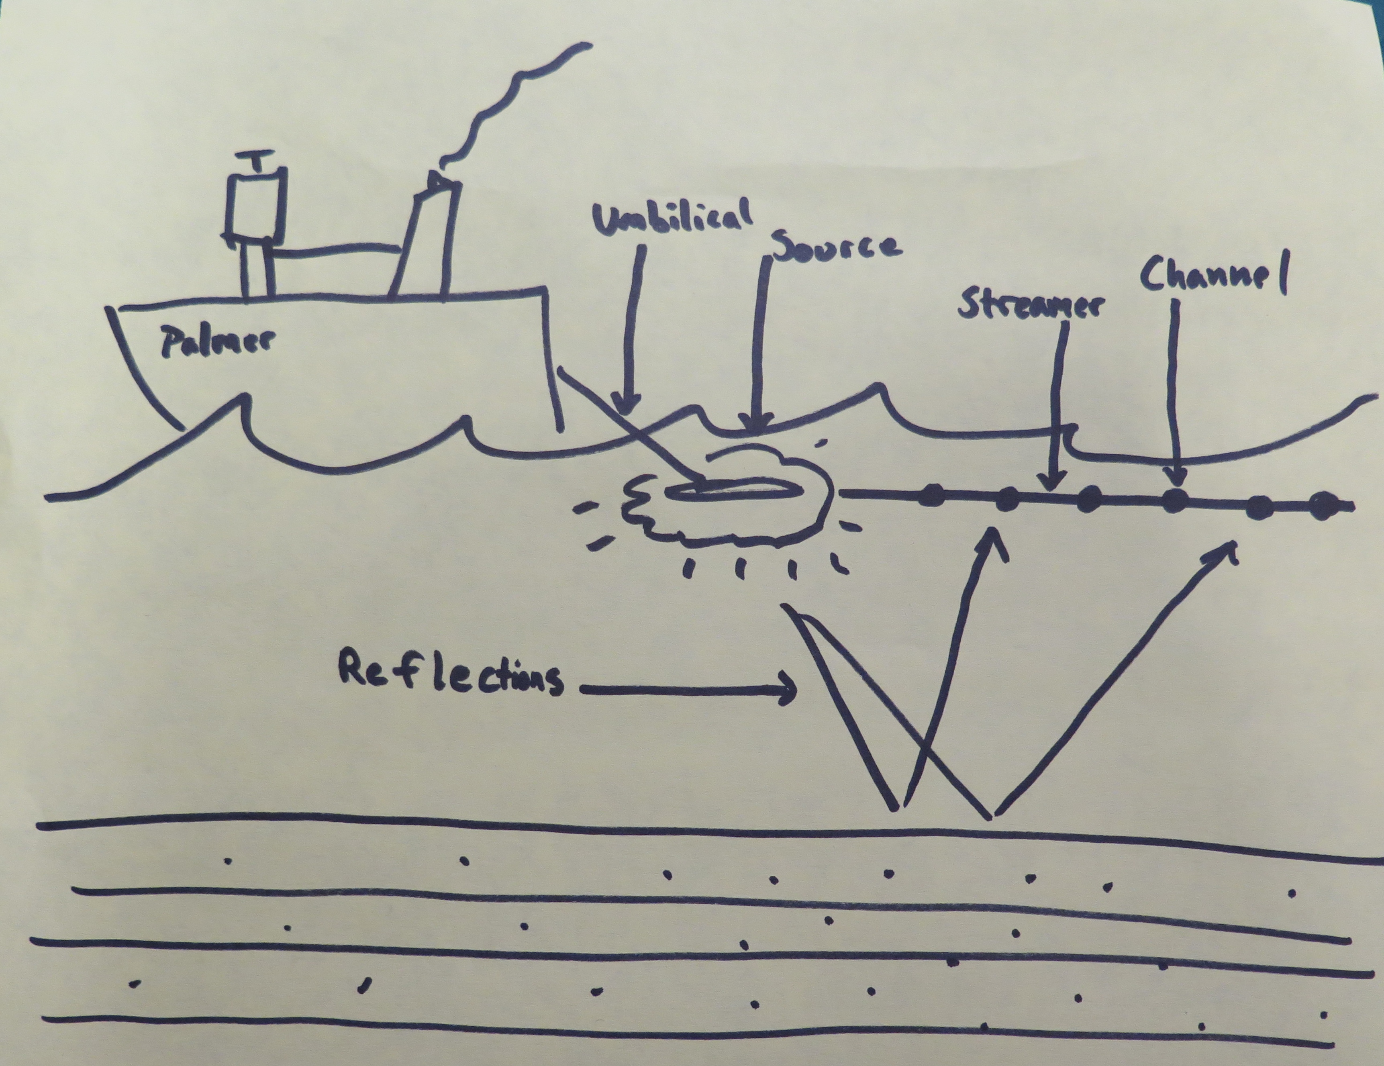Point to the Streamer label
[1030, 305]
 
